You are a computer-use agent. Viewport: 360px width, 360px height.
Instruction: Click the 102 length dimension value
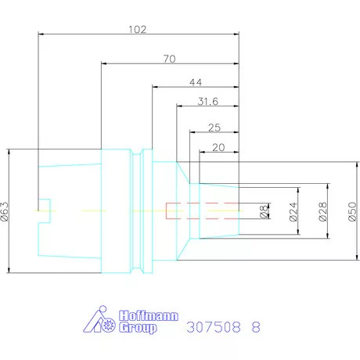tap(138, 29)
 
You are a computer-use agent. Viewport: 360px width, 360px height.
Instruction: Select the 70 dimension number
tap(170, 59)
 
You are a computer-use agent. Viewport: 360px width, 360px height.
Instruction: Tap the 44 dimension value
tap(196, 82)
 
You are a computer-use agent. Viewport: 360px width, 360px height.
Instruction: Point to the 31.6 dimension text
tap(208, 102)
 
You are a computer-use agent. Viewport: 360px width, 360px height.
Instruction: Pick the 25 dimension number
tap(214, 128)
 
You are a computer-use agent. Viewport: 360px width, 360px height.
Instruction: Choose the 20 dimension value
tap(218, 148)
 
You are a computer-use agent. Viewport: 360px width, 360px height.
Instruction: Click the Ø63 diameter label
tap(5, 211)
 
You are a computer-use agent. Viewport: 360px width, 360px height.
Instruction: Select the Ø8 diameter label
tap(264, 211)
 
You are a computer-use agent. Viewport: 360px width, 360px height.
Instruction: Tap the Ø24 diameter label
tap(293, 211)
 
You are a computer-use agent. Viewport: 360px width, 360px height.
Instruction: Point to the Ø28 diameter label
tap(323, 211)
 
